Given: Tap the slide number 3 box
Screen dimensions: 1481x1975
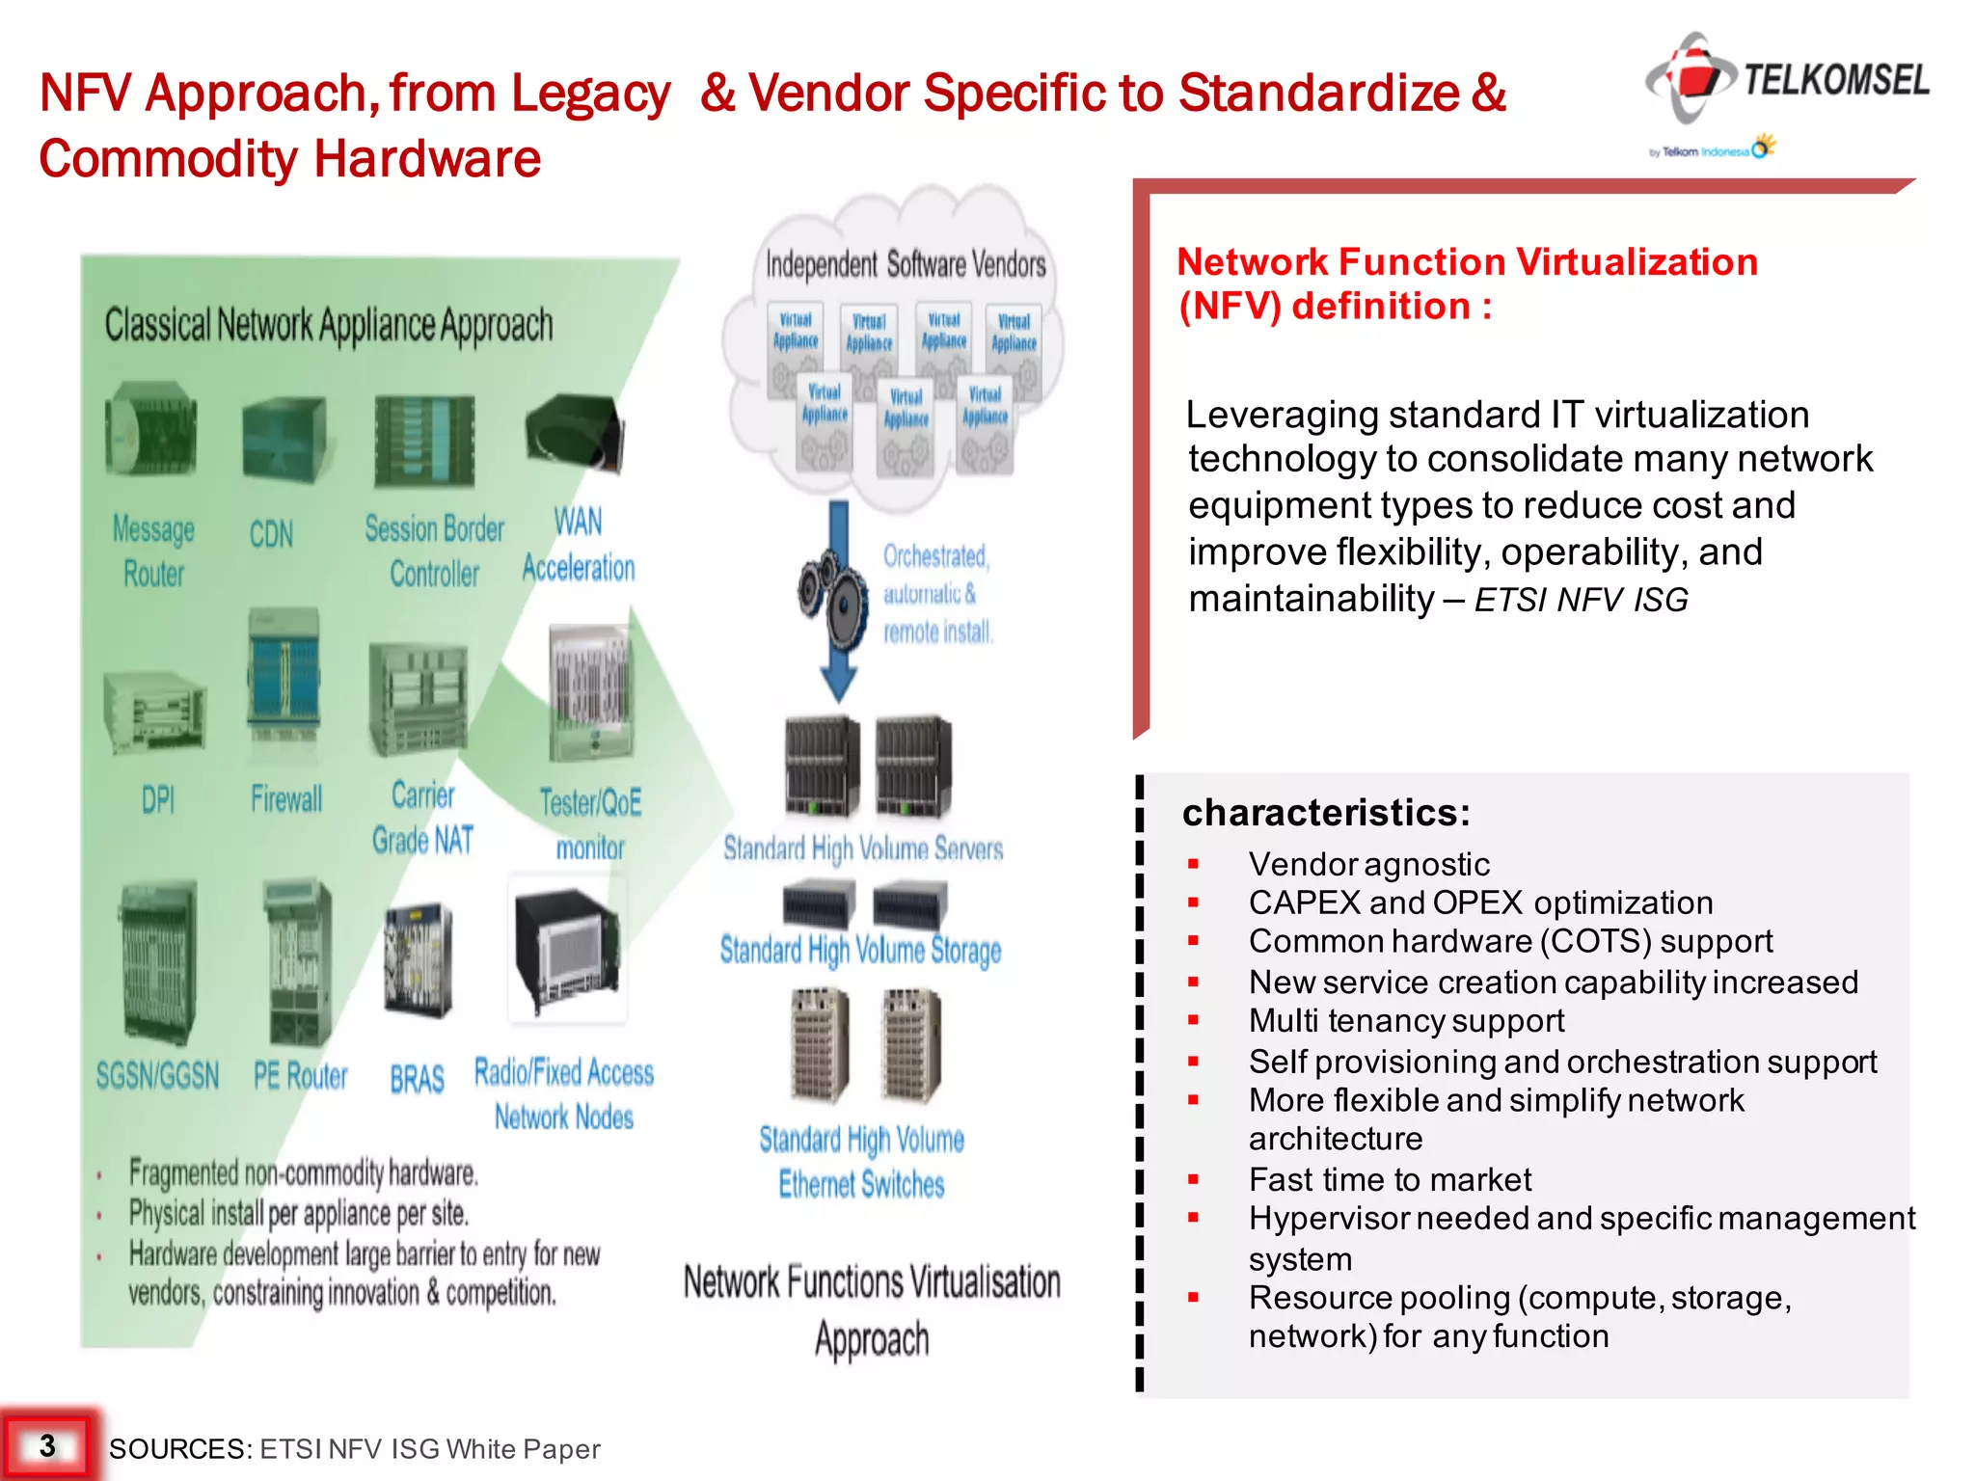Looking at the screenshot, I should click(48, 1445).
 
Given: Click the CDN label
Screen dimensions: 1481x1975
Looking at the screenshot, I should click(271, 534).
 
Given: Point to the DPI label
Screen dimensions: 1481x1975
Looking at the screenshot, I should click(158, 799).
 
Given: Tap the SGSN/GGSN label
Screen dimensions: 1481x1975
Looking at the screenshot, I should click(158, 1075).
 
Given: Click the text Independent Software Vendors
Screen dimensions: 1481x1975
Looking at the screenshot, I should click(905, 264).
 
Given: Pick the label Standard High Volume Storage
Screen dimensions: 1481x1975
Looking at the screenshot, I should click(860, 951).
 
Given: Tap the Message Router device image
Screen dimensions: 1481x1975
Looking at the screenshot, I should click(151, 430).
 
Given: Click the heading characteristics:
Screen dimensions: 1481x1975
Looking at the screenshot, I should click(1326, 813).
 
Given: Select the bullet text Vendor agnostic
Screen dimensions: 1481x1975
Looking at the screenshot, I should click(1368, 864).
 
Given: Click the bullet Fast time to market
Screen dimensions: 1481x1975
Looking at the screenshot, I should click(1389, 1179).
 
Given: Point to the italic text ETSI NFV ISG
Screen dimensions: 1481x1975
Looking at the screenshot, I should click(1582, 600).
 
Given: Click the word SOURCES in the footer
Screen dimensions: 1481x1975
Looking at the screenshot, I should click(179, 1448).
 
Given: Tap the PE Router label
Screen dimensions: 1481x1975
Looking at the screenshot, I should click(300, 1075).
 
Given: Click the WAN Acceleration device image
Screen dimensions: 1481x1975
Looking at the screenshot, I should click(576, 433).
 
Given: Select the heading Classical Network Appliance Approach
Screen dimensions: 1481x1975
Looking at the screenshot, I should click(329, 326).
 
